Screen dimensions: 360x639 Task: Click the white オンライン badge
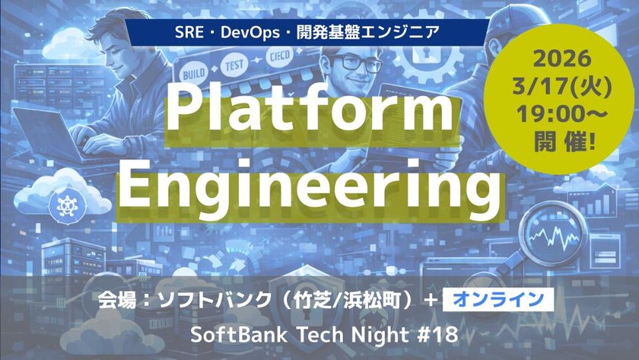click(496, 301)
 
